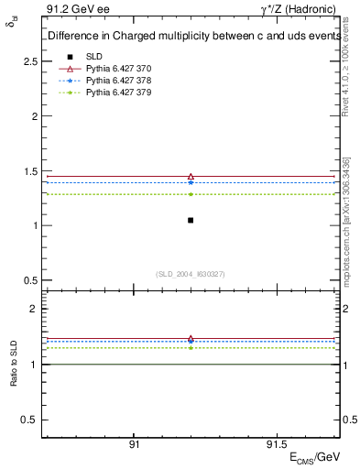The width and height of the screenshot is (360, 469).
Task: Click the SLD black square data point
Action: pos(191,220)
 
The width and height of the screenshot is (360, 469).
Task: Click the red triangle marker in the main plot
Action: pos(191,176)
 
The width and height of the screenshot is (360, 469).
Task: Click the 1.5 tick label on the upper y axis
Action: pos(30,171)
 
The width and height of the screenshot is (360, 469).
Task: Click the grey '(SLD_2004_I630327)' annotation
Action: pos(191,274)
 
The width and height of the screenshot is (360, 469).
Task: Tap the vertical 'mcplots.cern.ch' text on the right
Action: pos(347,220)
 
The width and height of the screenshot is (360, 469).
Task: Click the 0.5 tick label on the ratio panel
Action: pos(30,420)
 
